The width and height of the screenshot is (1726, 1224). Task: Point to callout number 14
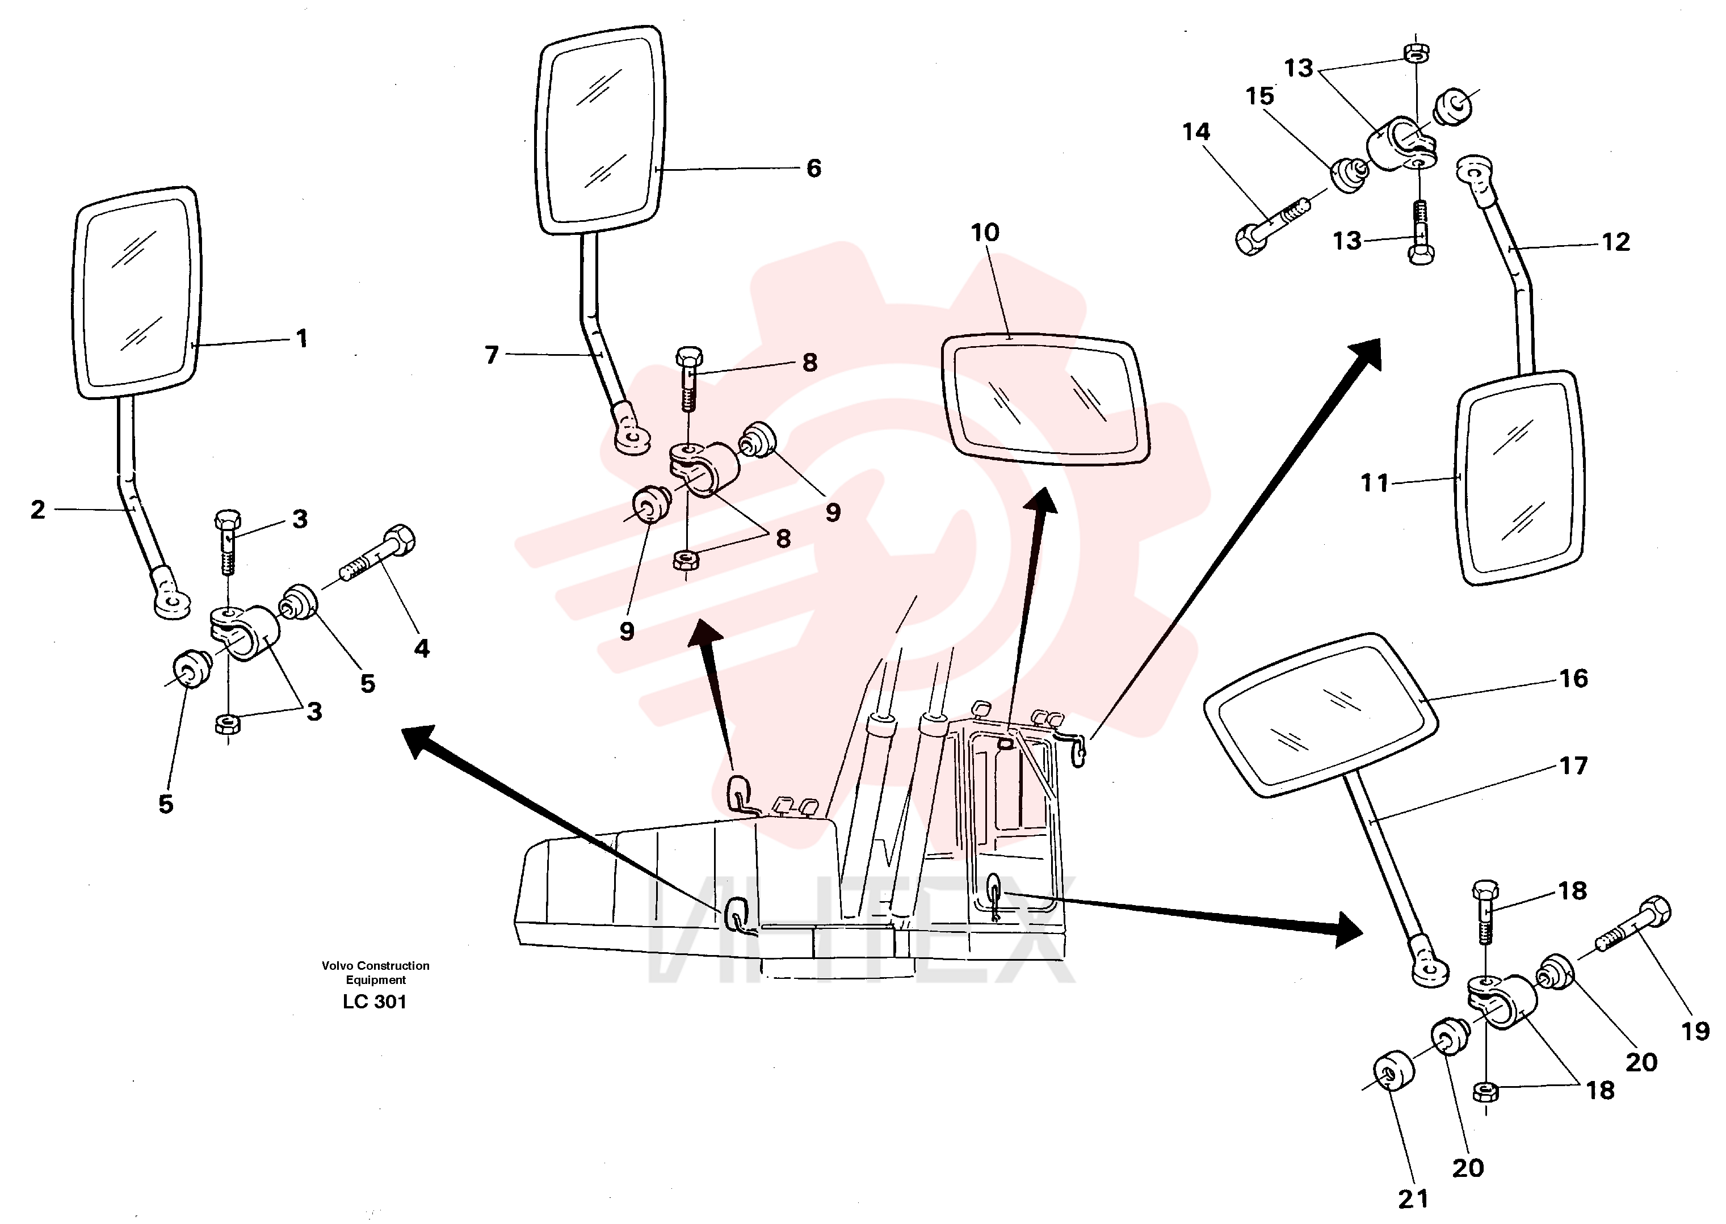(x=1196, y=132)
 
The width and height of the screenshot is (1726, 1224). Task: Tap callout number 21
(x=1413, y=1198)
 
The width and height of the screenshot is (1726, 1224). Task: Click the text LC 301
(x=375, y=1002)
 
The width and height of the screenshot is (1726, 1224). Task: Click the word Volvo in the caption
(x=337, y=965)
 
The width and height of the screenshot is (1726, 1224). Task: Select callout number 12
(x=1615, y=242)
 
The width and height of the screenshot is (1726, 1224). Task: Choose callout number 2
(x=37, y=510)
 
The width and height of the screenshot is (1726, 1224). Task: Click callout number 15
(x=1259, y=96)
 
